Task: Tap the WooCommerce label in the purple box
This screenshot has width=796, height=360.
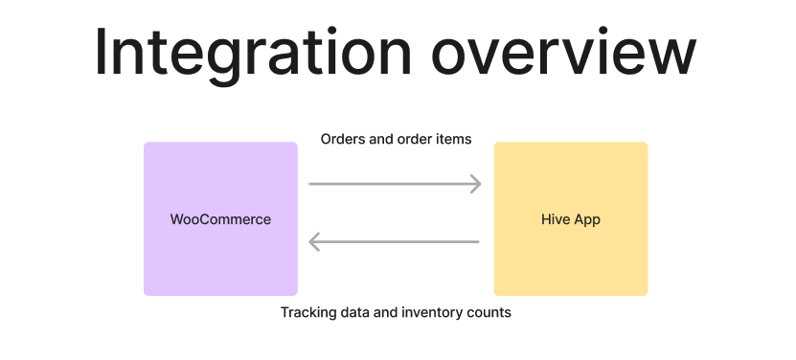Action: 220,219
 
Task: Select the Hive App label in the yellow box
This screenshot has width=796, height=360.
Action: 571,219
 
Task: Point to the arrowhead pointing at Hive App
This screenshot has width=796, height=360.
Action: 474,184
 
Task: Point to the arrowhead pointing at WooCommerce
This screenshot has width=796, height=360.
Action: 315,242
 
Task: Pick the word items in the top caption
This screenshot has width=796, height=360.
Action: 453,140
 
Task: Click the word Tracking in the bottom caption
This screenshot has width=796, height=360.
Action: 307,312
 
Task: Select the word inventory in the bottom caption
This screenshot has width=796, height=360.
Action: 435,312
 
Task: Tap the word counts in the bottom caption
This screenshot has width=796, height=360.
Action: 490,312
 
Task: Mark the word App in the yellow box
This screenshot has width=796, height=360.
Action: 587,219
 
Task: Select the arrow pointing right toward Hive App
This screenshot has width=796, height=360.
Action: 394,184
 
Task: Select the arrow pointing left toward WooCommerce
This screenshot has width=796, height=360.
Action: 394,242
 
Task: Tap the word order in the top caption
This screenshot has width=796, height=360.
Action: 414,140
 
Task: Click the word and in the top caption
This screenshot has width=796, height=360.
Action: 381,140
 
